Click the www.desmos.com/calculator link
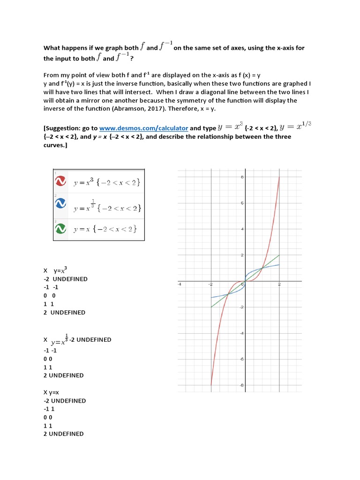tap(143, 128)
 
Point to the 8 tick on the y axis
tap(241, 177)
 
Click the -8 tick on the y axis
tap(241, 385)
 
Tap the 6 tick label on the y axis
tap(241, 203)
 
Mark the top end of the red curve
tap(279, 177)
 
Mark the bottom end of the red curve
tap(211, 385)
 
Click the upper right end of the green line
tap(279, 255)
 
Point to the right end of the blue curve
tap(279, 265)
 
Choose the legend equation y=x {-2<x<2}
tap(106, 229)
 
